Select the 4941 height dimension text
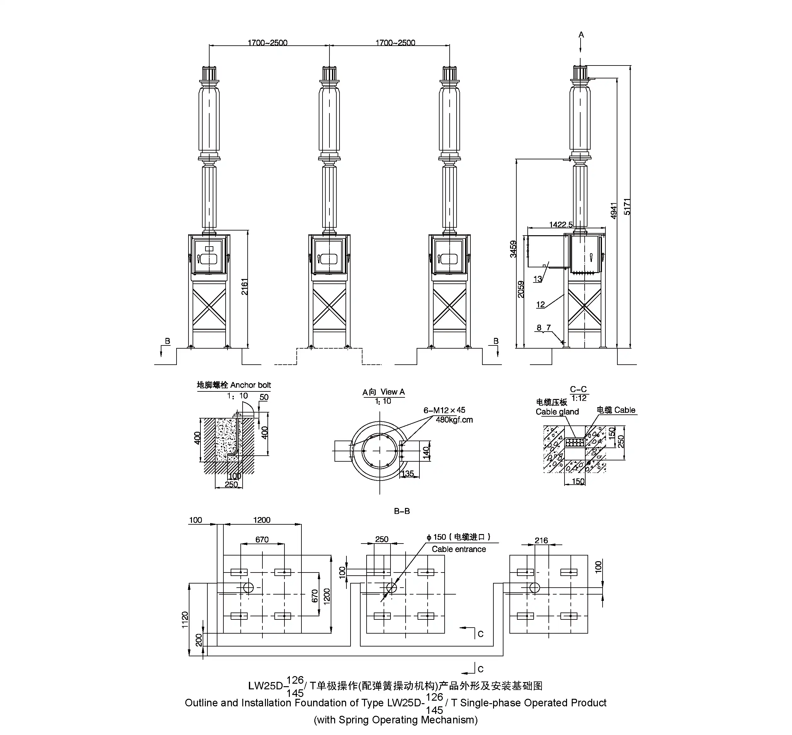coord(614,210)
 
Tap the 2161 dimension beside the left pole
coord(244,286)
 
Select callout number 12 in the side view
coord(540,305)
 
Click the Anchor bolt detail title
coord(234,385)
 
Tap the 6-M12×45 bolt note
coord(444,410)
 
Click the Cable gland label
coord(557,412)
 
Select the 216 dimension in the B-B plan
coord(541,540)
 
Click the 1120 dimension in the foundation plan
coord(185,620)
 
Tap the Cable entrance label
coord(458,549)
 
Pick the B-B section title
coord(402,511)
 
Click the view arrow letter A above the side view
coord(581,35)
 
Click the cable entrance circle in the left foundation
coord(248,587)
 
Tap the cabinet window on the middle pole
coord(329,259)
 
